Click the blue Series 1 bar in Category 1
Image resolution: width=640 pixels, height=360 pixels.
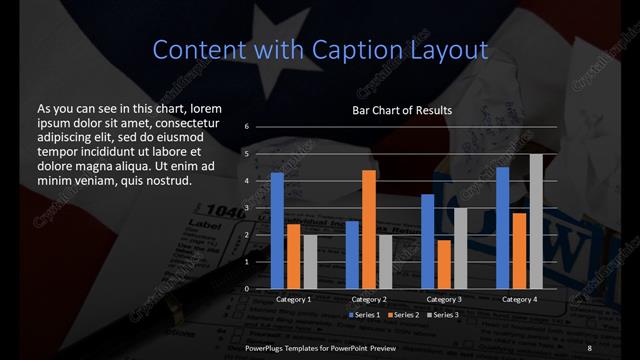pyautogui.click(x=277, y=230)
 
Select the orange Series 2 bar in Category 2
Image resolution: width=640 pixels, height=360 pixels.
pyautogui.click(x=369, y=229)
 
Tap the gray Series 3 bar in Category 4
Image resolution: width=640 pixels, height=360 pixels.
pyautogui.click(x=536, y=221)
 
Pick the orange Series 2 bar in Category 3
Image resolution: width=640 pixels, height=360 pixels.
pyautogui.click(x=444, y=264)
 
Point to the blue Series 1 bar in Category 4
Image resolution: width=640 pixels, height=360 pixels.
pyautogui.click(x=503, y=227)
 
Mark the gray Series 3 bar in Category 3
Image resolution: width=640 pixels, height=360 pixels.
pyautogui.click(x=461, y=248)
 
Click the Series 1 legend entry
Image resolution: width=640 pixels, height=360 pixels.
pyautogui.click(x=364, y=315)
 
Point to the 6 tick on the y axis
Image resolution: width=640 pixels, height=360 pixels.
pyautogui.click(x=246, y=127)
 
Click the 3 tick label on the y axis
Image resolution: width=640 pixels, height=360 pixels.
pyautogui.click(x=246, y=208)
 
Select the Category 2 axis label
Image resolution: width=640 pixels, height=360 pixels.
pyautogui.click(x=369, y=299)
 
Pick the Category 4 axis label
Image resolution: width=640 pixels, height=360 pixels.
pyautogui.click(x=519, y=299)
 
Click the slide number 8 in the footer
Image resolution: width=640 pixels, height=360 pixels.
pyautogui.click(x=589, y=347)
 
